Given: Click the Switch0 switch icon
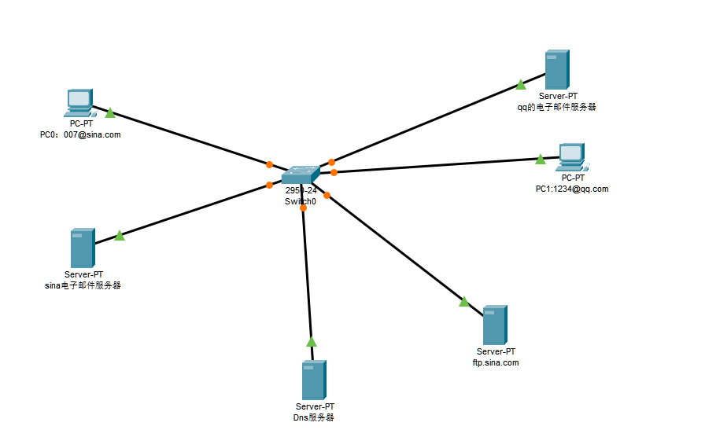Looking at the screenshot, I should point(301,175).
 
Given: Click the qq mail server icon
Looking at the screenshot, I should point(557,70).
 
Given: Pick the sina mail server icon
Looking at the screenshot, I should point(82,248).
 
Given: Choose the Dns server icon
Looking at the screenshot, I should point(314,380).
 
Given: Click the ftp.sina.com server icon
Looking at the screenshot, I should point(494,325).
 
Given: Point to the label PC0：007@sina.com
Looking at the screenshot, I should point(80,134).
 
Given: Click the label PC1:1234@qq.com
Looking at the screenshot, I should point(572,189).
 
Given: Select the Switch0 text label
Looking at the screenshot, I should point(301,201).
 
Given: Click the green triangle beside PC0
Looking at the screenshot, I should point(110,113).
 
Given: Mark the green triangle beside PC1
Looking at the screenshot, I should point(540,160).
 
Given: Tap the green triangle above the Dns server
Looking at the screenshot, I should point(312,342).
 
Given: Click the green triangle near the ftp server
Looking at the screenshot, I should point(464,302).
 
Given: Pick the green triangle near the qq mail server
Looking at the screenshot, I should point(521,85).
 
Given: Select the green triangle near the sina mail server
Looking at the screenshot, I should point(120,235).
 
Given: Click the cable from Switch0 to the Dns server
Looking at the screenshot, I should point(308,275).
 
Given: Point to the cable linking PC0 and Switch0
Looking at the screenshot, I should point(189,138).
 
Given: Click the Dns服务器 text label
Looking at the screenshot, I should point(313,417).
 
